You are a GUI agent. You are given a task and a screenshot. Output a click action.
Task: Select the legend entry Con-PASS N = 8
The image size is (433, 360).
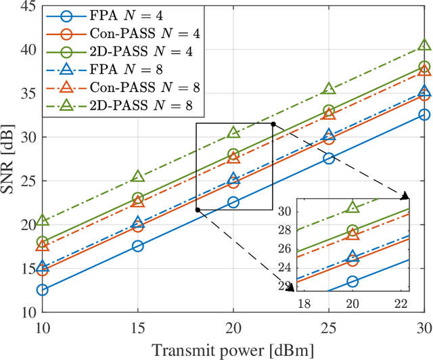121,87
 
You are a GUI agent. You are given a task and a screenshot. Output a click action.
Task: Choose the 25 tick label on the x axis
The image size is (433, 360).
328,325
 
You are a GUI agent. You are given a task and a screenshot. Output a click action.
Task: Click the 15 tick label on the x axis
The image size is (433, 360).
137,325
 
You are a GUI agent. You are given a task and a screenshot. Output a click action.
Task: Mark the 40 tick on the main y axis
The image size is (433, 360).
27,50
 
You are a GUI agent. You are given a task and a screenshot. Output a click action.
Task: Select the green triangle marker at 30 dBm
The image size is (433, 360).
424,45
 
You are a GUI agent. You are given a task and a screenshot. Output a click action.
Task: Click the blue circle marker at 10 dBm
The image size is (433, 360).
42,290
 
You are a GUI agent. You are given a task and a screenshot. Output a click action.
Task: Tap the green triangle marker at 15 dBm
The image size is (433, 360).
137,176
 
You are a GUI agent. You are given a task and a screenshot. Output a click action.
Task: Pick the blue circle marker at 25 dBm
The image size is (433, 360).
328,158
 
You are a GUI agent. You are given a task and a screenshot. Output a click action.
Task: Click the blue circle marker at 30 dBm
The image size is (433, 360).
424,114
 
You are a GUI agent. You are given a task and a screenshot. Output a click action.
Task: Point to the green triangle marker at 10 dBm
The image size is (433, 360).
42,220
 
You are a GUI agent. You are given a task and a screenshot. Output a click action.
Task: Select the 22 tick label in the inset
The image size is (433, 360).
401,302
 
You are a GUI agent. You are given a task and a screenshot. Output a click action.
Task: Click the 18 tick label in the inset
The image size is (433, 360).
304,302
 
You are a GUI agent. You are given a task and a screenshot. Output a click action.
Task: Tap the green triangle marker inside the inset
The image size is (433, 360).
352,207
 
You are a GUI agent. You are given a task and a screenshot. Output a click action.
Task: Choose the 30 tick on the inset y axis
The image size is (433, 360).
288,212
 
